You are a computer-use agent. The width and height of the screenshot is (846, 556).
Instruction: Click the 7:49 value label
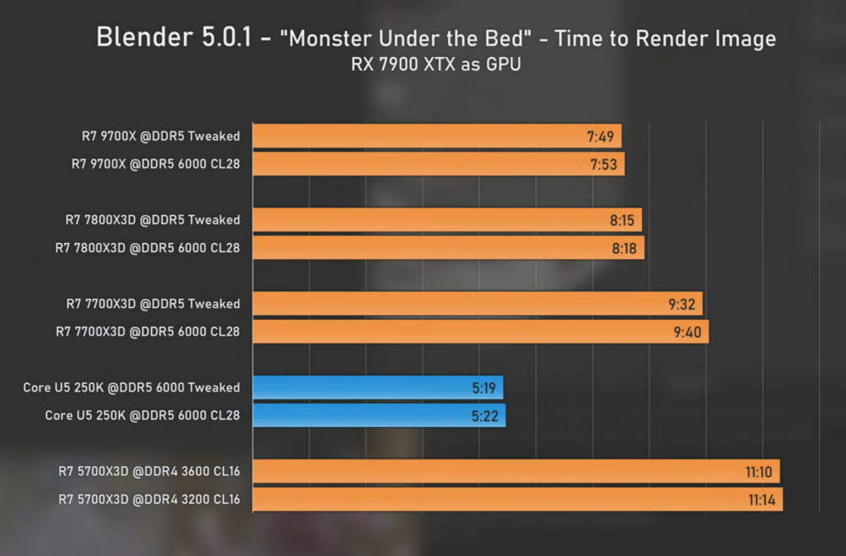600,136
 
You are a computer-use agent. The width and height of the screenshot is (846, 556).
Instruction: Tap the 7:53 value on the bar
603,164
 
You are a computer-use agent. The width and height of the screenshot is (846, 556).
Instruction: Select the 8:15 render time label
621,220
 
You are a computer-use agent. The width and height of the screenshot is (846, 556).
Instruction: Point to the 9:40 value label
687,331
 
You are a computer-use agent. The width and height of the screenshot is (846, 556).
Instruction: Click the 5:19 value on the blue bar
483,387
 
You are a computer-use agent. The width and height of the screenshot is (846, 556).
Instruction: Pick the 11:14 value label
761,500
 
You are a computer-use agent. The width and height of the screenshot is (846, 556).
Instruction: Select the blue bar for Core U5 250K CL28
379,416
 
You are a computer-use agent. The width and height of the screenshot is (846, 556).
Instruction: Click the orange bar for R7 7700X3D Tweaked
478,304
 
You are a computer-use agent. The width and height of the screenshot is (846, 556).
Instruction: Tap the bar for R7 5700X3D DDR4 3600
516,472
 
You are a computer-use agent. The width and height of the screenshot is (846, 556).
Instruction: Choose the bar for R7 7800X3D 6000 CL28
449,248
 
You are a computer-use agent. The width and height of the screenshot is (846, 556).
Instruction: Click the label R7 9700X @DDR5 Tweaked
161,135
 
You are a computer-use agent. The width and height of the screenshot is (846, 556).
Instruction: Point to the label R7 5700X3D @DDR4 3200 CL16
149,499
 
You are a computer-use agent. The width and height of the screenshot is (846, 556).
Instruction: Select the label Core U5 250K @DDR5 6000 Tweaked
131,387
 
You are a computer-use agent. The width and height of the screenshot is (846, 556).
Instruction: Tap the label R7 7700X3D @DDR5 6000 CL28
148,331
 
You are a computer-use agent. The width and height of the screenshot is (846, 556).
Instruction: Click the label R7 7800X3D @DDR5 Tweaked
153,220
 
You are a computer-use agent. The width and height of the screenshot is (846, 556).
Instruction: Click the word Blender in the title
145,37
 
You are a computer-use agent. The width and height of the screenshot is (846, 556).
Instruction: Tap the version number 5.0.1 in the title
226,37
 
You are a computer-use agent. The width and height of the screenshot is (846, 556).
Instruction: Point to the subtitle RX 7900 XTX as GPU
436,64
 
